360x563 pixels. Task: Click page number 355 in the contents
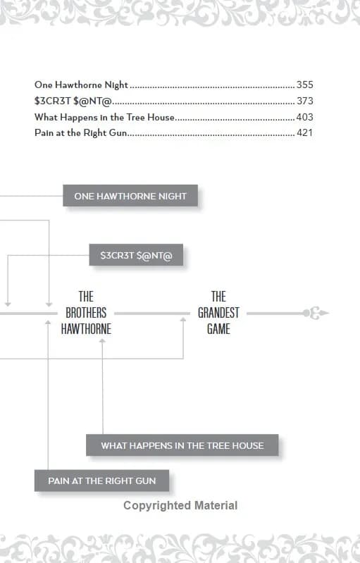[305, 85]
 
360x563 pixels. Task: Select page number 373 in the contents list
[305, 101]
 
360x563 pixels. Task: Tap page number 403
[305, 117]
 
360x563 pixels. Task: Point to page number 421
[305, 133]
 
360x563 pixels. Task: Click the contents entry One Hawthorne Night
[81, 85]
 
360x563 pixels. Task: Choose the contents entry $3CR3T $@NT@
[73, 101]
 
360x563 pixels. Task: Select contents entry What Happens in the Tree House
[104, 117]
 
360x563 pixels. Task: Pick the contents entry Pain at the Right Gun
[81, 133]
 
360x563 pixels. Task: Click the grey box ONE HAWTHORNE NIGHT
[130, 196]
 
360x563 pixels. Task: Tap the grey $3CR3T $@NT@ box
[136, 255]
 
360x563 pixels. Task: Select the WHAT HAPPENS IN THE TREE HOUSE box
[182, 445]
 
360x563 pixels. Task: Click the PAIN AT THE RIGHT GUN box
[102, 481]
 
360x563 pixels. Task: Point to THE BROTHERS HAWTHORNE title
[86, 313]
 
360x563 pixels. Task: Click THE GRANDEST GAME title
[218, 313]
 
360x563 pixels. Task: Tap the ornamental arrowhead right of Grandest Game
[316, 313]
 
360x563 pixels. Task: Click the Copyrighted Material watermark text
[180, 505]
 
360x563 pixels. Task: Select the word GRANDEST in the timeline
[218, 313]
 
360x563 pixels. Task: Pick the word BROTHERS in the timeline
[86, 313]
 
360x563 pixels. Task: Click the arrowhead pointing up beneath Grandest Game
[183, 320]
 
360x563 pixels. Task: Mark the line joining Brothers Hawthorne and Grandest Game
[152, 314]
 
